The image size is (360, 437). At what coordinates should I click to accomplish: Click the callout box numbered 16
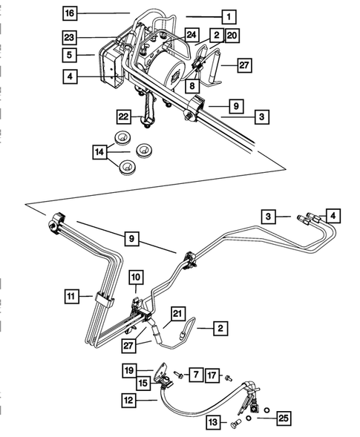69,14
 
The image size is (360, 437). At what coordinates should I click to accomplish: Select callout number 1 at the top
229,16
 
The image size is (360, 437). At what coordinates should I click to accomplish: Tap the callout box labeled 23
69,36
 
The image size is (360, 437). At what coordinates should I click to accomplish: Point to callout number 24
192,35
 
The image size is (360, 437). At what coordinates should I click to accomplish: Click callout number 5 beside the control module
69,54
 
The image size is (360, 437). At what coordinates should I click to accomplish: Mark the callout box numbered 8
192,86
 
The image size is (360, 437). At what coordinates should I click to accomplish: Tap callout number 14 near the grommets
99,153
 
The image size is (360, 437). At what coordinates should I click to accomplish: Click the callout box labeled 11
71,296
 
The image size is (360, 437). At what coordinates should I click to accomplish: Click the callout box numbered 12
131,399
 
